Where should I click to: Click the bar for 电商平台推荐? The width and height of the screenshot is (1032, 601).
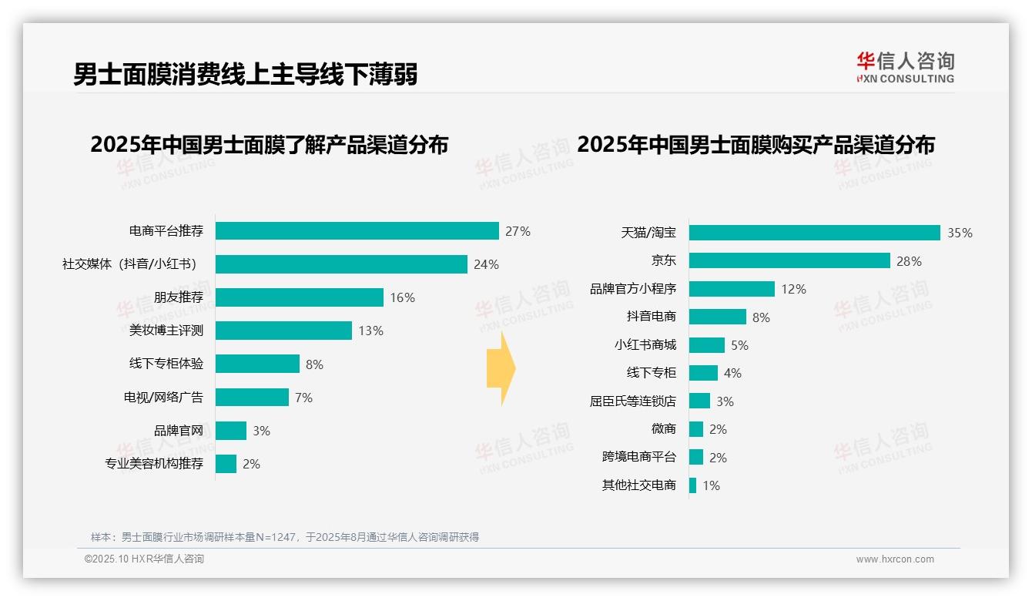[x=357, y=231]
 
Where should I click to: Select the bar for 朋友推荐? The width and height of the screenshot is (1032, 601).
[x=299, y=297]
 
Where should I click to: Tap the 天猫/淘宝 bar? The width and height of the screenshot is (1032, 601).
[x=814, y=233]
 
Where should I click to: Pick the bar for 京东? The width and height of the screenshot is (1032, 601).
[x=789, y=260]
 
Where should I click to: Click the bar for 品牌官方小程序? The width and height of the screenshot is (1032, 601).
[x=731, y=289]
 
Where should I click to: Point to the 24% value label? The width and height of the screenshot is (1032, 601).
[x=486, y=264]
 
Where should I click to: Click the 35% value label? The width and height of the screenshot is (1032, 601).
[x=960, y=233]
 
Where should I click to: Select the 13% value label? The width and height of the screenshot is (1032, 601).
[x=370, y=331]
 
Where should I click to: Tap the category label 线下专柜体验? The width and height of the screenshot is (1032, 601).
[x=166, y=364]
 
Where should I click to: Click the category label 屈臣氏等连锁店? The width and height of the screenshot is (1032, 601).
[x=632, y=401]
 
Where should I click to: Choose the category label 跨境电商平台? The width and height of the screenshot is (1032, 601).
[x=638, y=457]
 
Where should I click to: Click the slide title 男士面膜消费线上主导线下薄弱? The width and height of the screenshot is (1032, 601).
[x=245, y=75]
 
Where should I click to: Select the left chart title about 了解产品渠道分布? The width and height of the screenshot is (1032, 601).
[x=269, y=145]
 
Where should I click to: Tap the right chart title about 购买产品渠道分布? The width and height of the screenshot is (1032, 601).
[x=756, y=145]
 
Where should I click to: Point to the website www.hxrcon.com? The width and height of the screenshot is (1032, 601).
[x=894, y=559]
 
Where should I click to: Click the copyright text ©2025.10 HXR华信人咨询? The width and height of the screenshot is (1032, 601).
[x=144, y=559]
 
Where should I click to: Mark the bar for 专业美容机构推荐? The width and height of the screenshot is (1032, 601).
[x=226, y=464]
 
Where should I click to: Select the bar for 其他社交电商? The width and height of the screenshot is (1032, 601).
[x=692, y=485]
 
